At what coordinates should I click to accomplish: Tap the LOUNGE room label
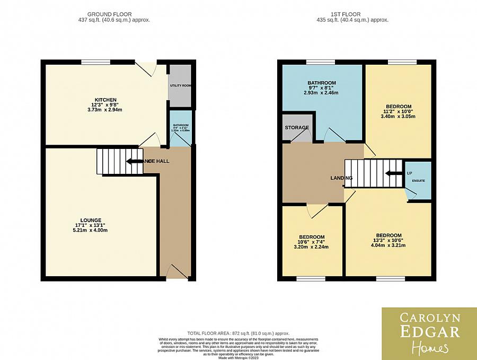91,220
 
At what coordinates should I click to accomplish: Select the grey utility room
180,86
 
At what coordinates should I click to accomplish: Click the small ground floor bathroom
180,128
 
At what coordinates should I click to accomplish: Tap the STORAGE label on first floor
297,128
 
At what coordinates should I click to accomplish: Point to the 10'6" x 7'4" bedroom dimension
312,244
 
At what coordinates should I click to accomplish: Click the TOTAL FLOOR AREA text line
238,333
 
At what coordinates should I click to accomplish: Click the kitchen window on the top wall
95,62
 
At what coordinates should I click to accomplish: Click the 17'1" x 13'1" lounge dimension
91,228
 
